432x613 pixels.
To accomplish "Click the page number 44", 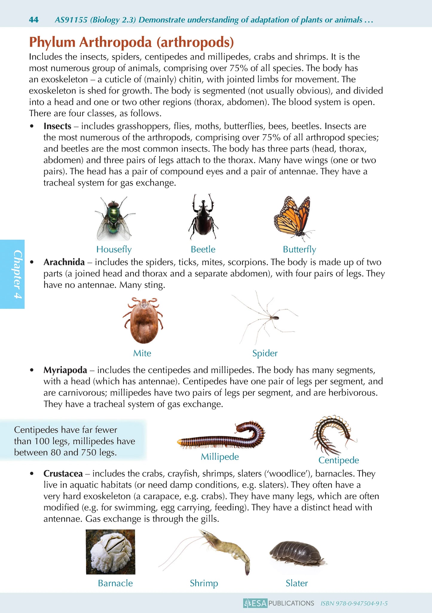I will pos(34,20).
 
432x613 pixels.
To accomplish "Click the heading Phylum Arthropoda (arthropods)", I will pos(131,42).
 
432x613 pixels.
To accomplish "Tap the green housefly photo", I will pos(114,218).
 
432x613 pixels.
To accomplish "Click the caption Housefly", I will pos(114,249).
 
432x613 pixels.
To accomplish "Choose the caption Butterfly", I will pos(299,249).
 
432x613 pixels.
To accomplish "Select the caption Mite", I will pos(142,353).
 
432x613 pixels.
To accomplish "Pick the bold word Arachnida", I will pos(64,262).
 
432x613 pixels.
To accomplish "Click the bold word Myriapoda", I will pos(65,370).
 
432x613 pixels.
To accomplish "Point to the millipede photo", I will pos(221,436).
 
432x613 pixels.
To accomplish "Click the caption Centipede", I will pos(338,460).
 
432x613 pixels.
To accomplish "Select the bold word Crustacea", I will pos(63,473).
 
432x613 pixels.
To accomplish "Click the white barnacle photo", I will pos(110,552).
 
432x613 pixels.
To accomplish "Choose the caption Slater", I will pos(297,583).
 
